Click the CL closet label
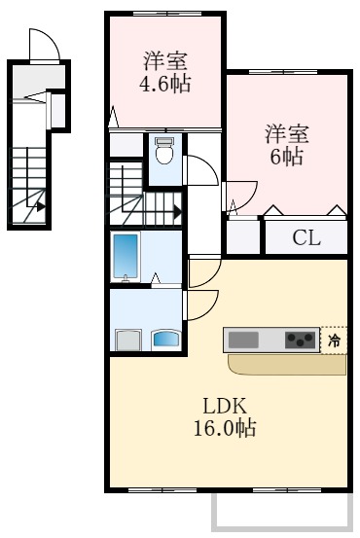coord(306,236)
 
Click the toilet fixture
coord(164,151)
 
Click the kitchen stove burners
coord(300,340)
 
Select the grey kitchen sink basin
coord(243,340)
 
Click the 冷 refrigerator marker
coord(334,341)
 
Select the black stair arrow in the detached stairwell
coord(39,205)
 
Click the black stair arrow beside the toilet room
coord(175,207)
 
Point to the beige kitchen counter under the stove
coord(282,365)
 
